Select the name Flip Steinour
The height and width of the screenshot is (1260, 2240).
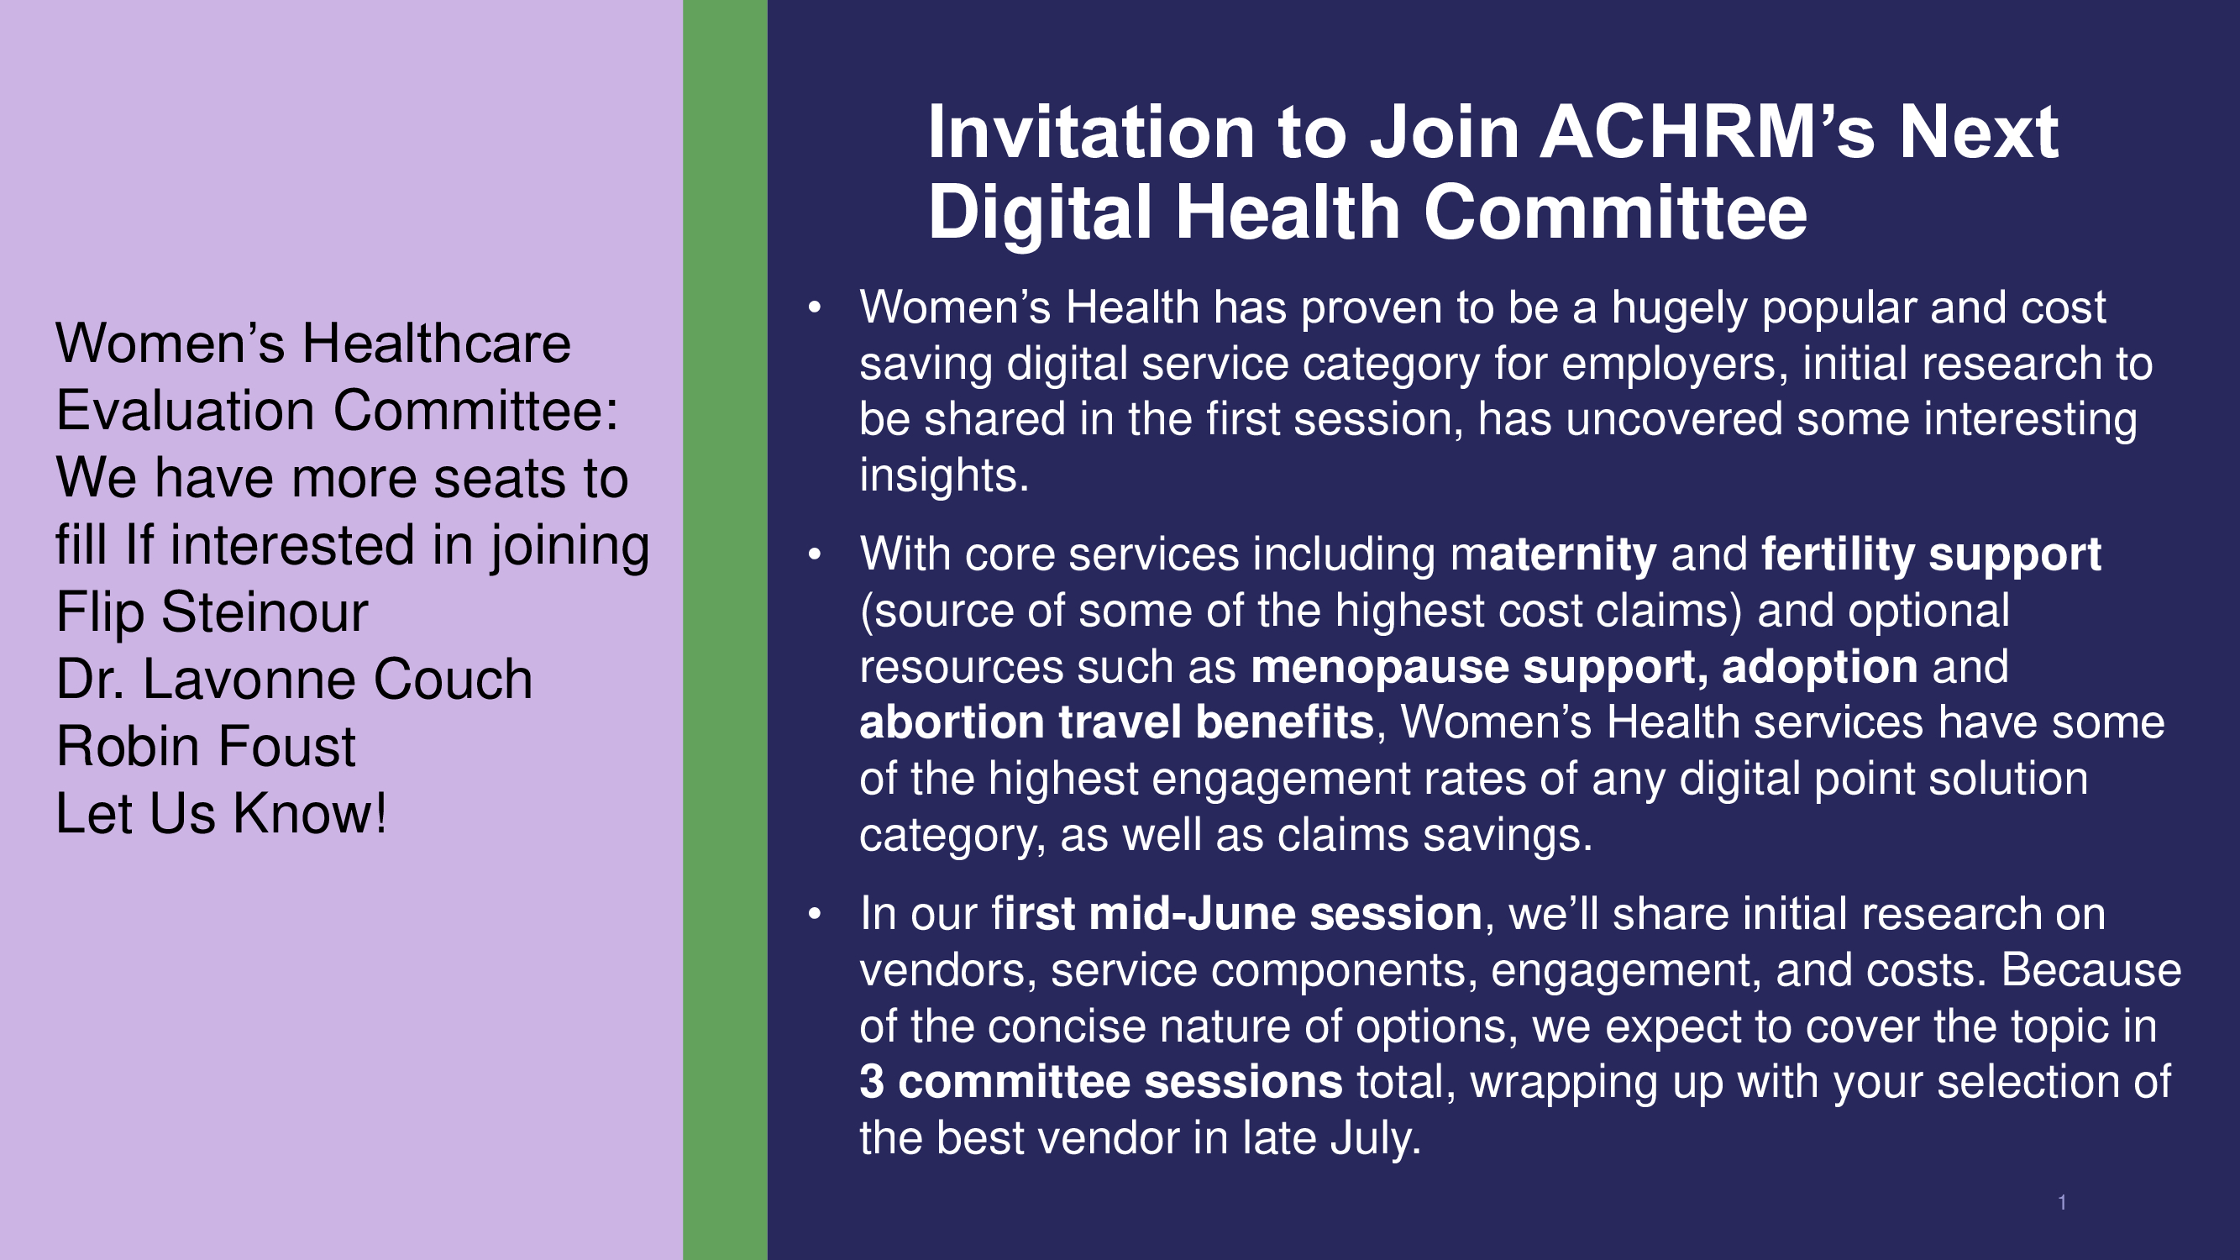coord(212,612)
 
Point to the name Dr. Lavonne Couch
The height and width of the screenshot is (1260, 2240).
coord(295,678)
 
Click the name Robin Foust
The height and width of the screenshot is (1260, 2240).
coord(206,746)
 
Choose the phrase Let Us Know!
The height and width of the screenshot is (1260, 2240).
coord(222,813)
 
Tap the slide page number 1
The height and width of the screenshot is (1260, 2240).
coord(2062,1203)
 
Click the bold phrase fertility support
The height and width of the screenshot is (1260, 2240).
coord(1931,554)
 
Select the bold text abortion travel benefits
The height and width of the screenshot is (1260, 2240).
coord(1116,722)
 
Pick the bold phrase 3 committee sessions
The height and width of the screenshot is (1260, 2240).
coord(1101,1082)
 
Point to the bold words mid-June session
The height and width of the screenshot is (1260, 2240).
coord(1285,914)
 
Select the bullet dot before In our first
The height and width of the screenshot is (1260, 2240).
coord(815,914)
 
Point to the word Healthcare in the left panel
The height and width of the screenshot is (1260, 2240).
coord(436,343)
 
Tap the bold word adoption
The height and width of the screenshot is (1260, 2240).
coord(1820,667)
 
